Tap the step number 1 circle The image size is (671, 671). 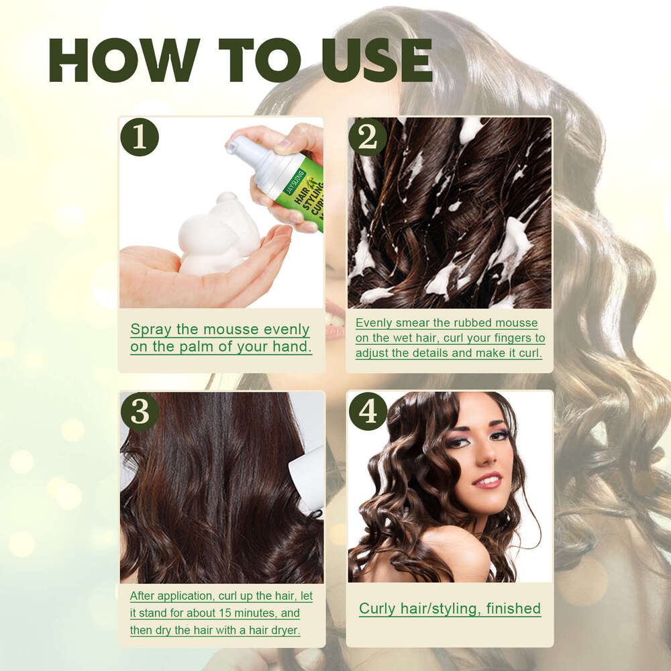[140, 137]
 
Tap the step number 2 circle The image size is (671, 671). [368, 137]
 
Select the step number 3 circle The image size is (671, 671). [140, 411]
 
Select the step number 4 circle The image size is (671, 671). [368, 411]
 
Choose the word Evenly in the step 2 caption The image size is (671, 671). [376, 323]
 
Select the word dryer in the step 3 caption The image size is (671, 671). [285, 630]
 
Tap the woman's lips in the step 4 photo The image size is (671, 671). [488, 480]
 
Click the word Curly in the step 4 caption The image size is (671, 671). [377, 609]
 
